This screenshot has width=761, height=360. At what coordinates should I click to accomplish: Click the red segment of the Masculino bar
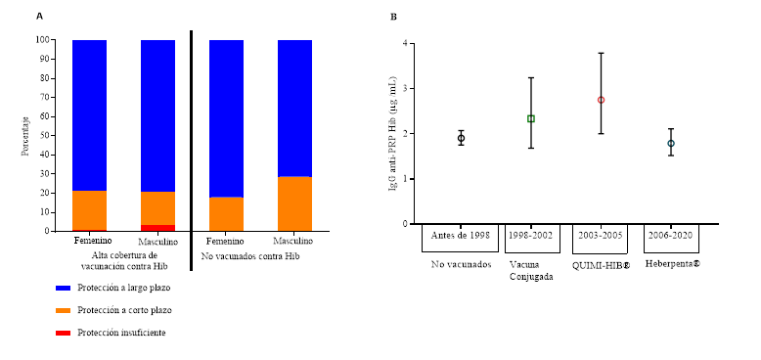(x=157, y=227)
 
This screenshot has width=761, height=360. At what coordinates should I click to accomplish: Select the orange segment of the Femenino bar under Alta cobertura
(x=89, y=210)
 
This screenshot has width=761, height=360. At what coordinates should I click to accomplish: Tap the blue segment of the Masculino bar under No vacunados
(x=294, y=108)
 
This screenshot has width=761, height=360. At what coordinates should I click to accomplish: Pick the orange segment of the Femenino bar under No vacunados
(x=226, y=213)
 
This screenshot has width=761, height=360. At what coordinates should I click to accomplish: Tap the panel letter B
(x=394, y=17)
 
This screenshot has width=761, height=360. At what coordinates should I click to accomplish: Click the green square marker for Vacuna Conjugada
(x=531, y=118)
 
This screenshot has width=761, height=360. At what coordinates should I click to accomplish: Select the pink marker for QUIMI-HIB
(x=602, y=100)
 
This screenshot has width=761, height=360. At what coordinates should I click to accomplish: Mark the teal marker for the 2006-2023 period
(x=671, y=144)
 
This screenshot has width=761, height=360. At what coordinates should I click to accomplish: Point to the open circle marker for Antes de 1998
(x=461, y=138)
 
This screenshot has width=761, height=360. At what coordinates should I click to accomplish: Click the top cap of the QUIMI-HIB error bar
(x=602, y=52)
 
